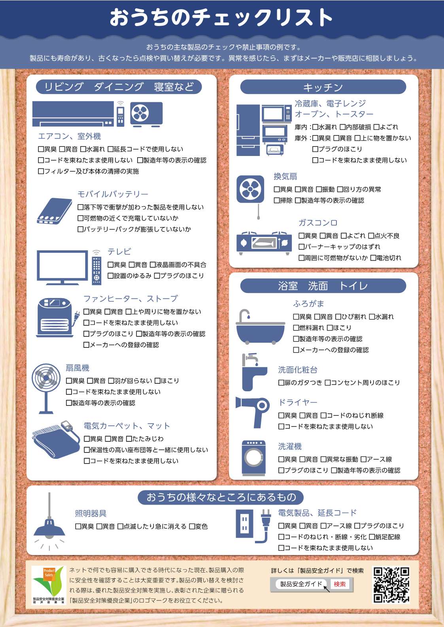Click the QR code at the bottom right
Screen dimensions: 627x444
coord(391,585)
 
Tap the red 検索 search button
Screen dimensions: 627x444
coord(340,584)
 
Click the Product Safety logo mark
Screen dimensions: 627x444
coord(48,582)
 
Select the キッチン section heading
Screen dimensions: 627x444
coord(323,87)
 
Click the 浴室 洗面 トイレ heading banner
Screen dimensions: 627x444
coord(323,286)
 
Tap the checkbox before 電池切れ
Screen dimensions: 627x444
coord(373,258)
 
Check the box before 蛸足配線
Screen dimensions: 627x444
coord(372,537)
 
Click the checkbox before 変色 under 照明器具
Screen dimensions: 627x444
coord(192,526)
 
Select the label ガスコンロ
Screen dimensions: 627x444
coord(317,223)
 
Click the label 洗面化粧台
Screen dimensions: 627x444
coord(297,370)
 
